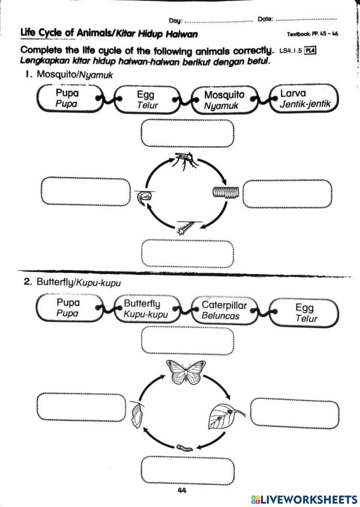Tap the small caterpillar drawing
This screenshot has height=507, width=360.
184,448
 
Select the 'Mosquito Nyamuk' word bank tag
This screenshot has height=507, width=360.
224,100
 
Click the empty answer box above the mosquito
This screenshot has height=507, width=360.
188,134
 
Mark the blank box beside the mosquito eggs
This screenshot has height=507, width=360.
287,194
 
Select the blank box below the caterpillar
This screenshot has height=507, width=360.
188,471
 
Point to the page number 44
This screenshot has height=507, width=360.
182,490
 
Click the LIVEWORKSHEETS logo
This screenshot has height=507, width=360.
304,499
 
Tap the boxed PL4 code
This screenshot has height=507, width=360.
310,51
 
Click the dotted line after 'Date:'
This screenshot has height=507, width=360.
306,20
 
